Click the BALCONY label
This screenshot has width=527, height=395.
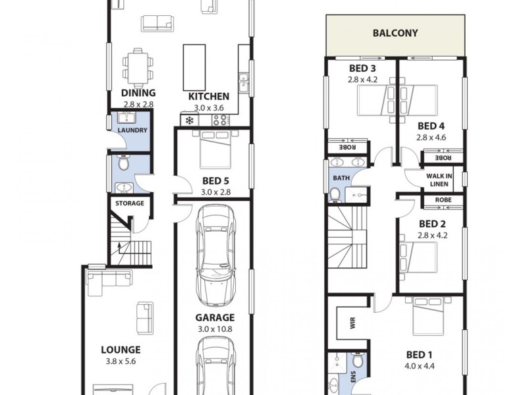point(395,34)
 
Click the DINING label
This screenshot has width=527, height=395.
point(138,94)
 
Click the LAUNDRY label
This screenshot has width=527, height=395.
point(132,130)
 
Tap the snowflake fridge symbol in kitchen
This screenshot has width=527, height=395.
point(190,120)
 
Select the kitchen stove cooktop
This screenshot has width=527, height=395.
point(219,120)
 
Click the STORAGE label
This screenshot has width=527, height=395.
point(130,203)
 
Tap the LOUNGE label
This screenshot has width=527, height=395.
point(120,350)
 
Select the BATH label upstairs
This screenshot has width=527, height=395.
point(341,178)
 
